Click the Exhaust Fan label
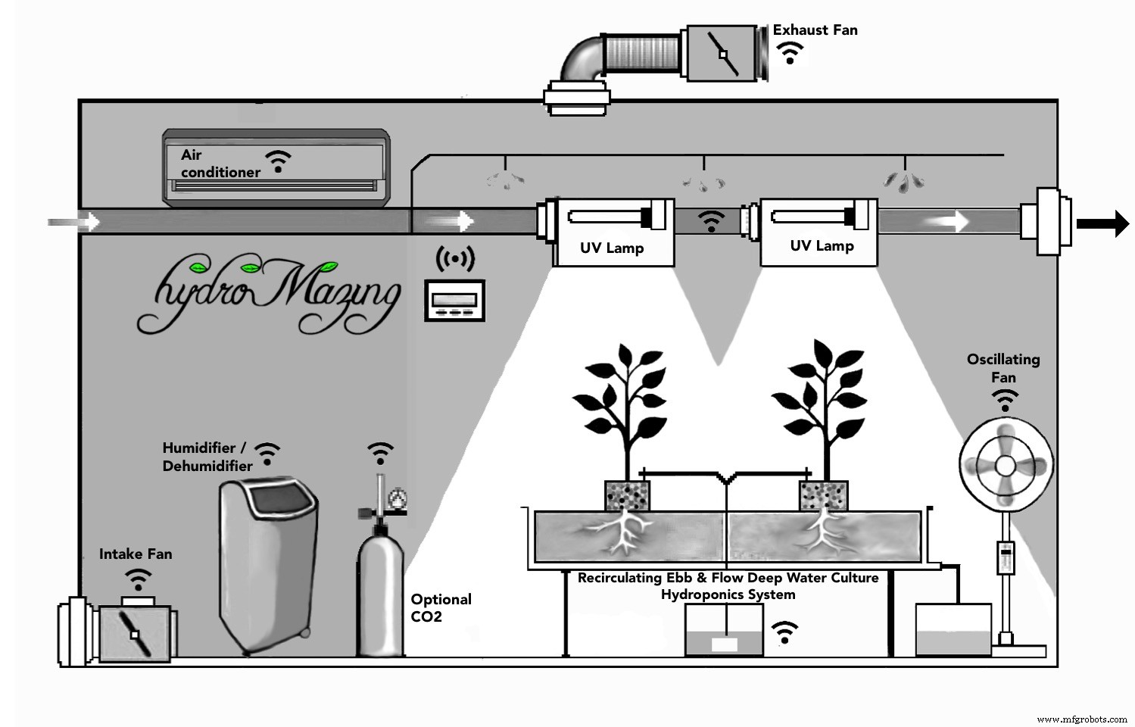pyautogui.click(x=815, y=30)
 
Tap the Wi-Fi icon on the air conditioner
pyautogui.click(x=278, y=161)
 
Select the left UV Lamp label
pyautogui.click(x=612, y=248)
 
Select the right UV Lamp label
pyautogui.click(x=822, y=245)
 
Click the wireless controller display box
pyautogui.click(x=454, y=301)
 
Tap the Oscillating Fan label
pyautogui.click(x=1003, y=368)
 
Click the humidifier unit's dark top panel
pyautogui.click(x=283, y=501)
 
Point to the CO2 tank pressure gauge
pyautogui.click(x=395, y=499)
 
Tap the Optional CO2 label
pyautogui.click(x=441, y=607)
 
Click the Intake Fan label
pyautogui.click(x=136, y=554)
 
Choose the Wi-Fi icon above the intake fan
pyautogui.click(x=138, y=581)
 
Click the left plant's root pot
pyautogui.click(x=627, y=496)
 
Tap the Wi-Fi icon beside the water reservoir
pyautogui.click(x=784, y=632)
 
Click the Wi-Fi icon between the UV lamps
pyautogui.click(x=710, y=221)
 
